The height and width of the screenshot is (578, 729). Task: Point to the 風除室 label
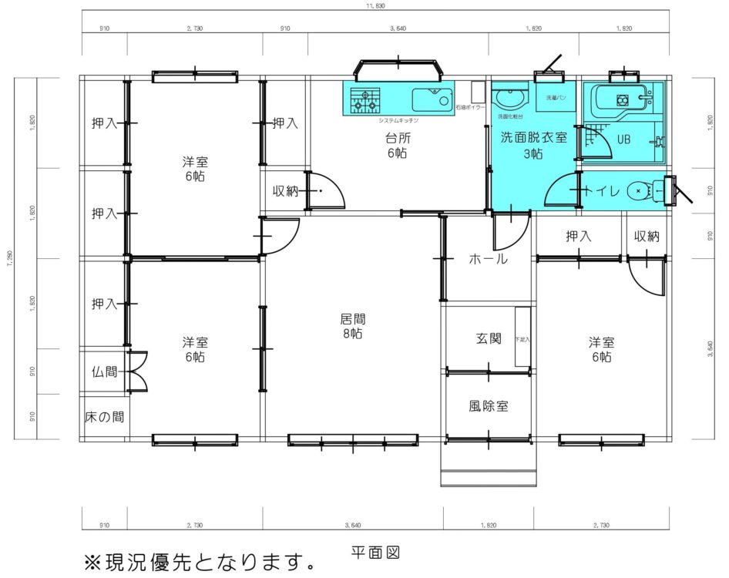(x=488, y=405)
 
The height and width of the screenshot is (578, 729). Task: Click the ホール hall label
(x=488, y=260)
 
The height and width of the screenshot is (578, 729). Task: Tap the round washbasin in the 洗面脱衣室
(x=509, y=98)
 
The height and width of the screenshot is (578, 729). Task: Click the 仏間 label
(x=104, y=371)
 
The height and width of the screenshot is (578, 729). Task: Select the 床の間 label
(x=104, y=417)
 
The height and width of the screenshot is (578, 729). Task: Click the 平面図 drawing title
(x=375, y=553)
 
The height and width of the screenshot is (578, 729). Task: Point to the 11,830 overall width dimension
(x=375, y=6)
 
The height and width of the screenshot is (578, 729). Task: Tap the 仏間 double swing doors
(x=137, y=371)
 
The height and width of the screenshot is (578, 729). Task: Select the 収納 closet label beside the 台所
(x=285, y=191)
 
